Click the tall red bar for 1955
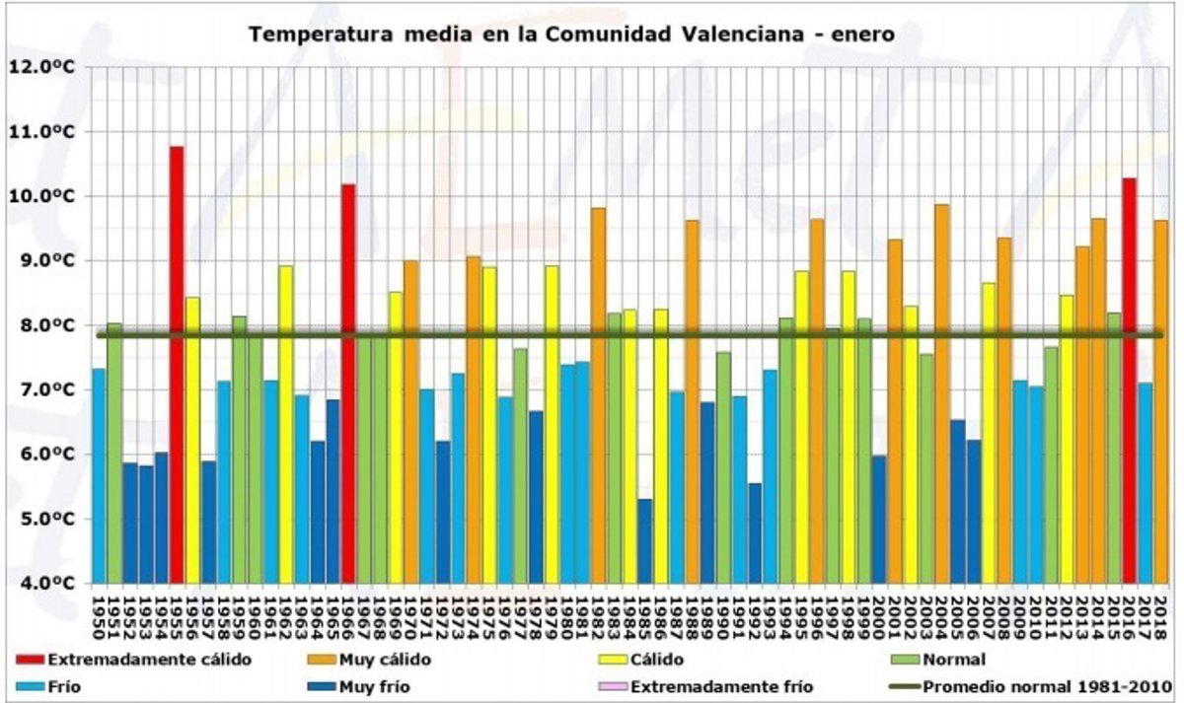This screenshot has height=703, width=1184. click(177, 365)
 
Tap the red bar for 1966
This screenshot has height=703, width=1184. click(348, 384)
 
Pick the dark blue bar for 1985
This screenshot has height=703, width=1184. click(644, 541)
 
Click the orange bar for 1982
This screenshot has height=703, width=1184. click(598, 395)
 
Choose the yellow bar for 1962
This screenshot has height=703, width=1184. click(286, 424)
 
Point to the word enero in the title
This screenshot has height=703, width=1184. click(862, 34)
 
